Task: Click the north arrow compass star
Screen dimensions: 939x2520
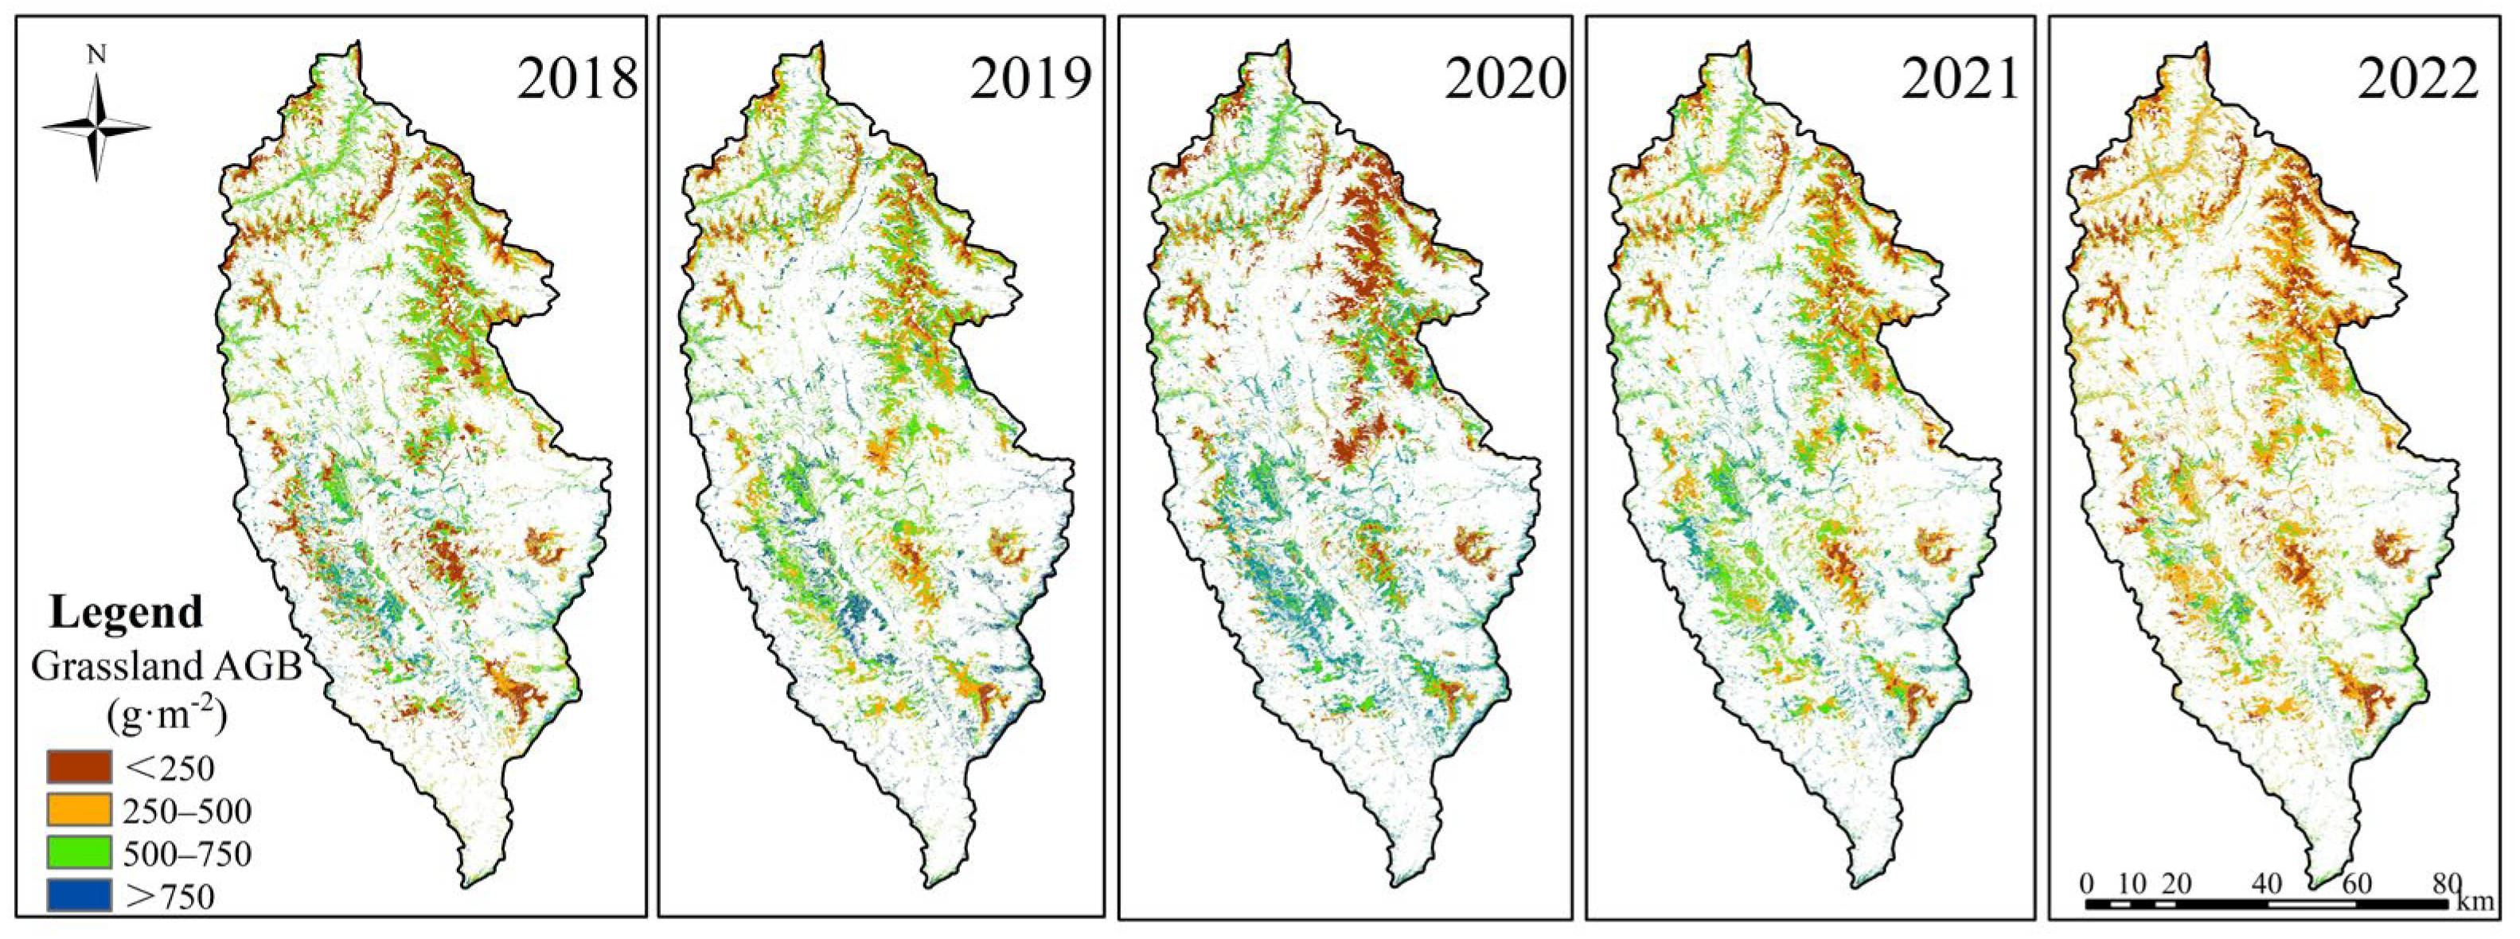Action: pyautogui.click(x=97, y=128)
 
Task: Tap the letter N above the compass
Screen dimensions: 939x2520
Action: pyautogui.click(x=96, y=56)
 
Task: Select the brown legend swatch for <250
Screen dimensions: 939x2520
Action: pyautogui.click(x=80, y=767)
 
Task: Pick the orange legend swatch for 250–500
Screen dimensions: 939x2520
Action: pyautogui.click(x=80, y=810)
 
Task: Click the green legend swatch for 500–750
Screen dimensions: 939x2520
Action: pyautogui.click(x=80, y=853)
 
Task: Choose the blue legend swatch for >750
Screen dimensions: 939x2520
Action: pyautogui.click(x=80, y=896)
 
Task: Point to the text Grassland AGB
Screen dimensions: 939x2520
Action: pyautogui.click(x=166, y=667)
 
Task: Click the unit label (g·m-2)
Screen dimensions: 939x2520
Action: pyautogui.click(x=166, y=717)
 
